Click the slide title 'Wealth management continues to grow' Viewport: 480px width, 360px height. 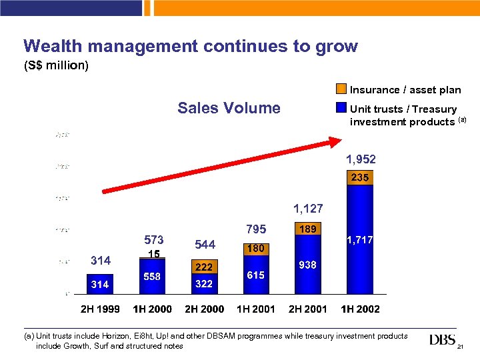point(190,46)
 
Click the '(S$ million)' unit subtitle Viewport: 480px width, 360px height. point(56,66)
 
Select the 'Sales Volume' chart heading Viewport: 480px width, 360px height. point(229,108)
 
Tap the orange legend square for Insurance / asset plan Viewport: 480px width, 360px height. point(341,89)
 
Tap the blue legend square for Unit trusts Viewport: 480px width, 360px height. point(341,108)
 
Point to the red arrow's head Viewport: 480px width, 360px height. point(333,141)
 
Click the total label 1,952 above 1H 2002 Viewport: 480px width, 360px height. point(360,159)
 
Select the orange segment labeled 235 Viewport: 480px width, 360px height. point(360,178)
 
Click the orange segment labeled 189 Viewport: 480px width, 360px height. point(307,229)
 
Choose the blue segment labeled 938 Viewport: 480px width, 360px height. point(307,265)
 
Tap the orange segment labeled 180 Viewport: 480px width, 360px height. point(255,248)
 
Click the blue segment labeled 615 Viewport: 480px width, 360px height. point(255,275)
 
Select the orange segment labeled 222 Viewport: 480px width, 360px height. point(203,267)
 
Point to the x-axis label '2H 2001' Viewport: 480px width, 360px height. point(307,309)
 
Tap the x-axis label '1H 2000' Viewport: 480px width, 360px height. point(152,309)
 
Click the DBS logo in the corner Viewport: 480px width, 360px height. point(443,341)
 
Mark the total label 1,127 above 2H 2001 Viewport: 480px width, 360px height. point(307,209)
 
